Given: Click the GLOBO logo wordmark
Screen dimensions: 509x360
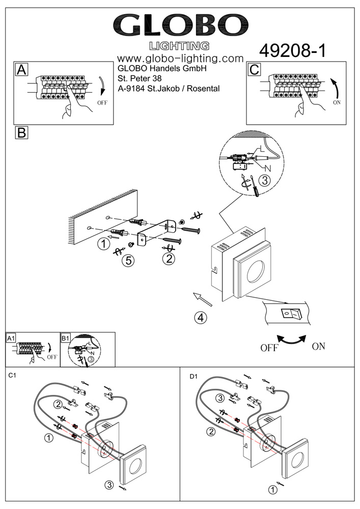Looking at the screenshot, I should coord(181,24).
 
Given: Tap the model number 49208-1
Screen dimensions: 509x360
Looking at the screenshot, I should coord(292,50).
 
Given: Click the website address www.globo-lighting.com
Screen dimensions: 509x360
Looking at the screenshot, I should coord(180,59).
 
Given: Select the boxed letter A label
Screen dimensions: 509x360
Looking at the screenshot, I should coord(21,69).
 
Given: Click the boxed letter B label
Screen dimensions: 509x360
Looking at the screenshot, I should coord(21,133).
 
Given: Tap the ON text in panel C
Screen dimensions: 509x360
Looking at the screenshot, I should coord(336,102).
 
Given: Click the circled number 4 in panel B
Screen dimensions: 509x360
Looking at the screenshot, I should coord(201,318).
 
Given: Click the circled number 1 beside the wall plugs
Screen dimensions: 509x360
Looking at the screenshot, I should coord(103,244).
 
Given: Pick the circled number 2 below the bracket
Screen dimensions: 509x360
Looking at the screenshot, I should coord(169,259).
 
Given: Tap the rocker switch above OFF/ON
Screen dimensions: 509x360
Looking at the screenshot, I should coord(290,313).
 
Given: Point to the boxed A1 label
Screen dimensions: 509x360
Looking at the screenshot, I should coord(11,338).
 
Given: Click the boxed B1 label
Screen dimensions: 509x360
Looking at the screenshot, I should coord(65,338).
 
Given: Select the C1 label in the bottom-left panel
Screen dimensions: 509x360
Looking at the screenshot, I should coord(13,376).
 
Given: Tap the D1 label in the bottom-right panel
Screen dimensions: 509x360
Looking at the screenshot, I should coord(193,377).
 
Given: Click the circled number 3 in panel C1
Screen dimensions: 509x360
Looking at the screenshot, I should coord(108,484).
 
